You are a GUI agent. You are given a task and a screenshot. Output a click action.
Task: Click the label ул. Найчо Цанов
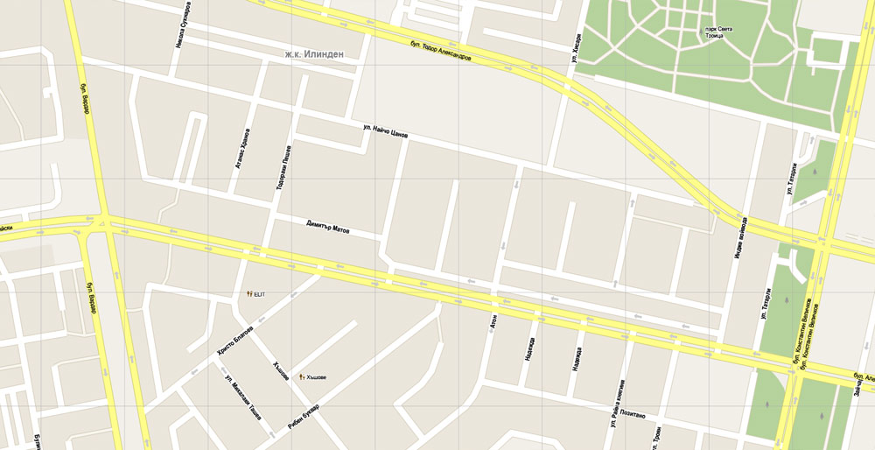tap(385, 130)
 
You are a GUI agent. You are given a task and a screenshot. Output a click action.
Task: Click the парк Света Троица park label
tap(718, 33)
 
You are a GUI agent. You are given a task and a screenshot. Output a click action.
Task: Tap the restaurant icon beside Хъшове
tap(302, 376)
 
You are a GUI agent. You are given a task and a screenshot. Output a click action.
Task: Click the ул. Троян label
tap(655, 438)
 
